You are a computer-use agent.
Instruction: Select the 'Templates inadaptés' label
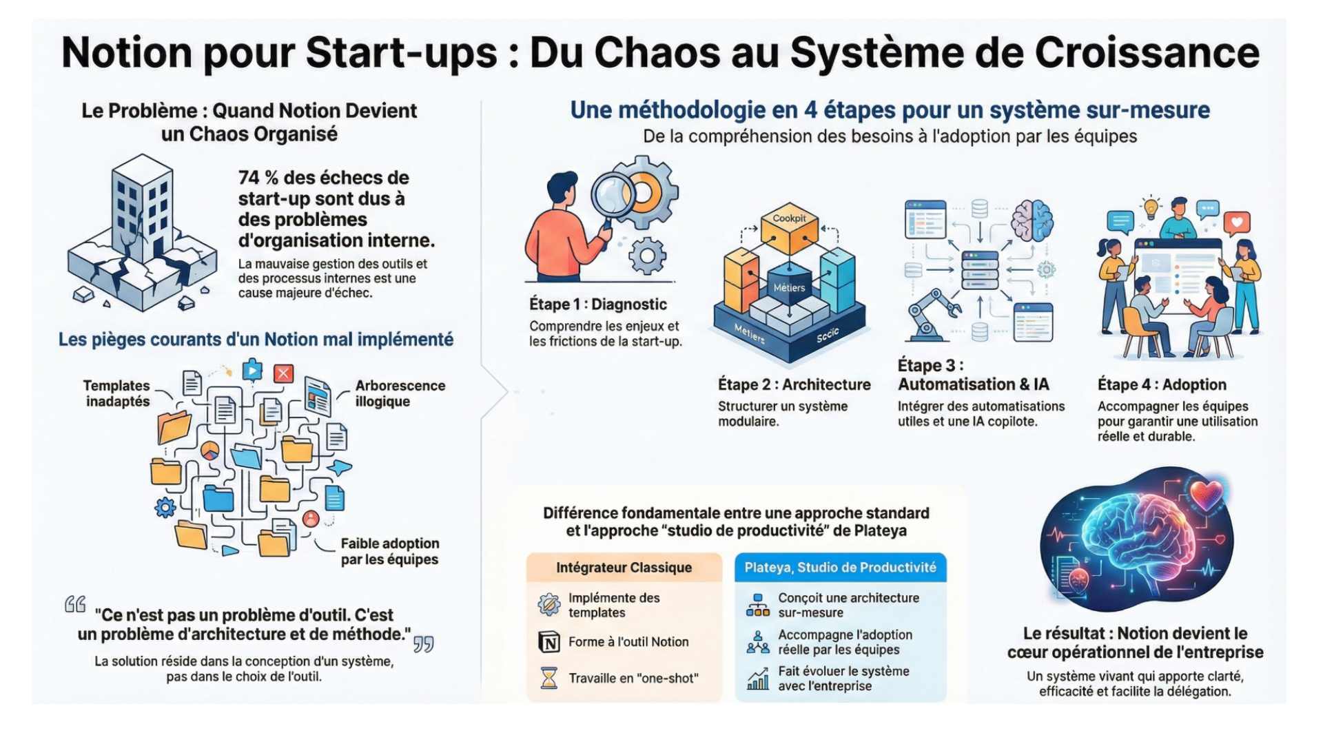point(117,393)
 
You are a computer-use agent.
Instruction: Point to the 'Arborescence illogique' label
point(400,393)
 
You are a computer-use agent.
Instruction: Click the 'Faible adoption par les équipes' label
point(389,551)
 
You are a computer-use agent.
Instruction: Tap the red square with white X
point(283,373)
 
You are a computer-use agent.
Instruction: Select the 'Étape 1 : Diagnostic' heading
point(597,304)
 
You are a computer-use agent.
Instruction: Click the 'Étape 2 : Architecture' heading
point(794,384)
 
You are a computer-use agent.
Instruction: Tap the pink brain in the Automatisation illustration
point(1032,220)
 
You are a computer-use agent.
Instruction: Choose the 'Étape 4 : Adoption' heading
point(1162,384)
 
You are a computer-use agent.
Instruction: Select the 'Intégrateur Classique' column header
point(624,568)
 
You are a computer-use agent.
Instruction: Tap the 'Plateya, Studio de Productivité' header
point(840,568)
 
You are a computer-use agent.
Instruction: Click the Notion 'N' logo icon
point(549,642)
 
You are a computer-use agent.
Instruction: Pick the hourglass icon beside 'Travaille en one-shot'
point(549,679)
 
